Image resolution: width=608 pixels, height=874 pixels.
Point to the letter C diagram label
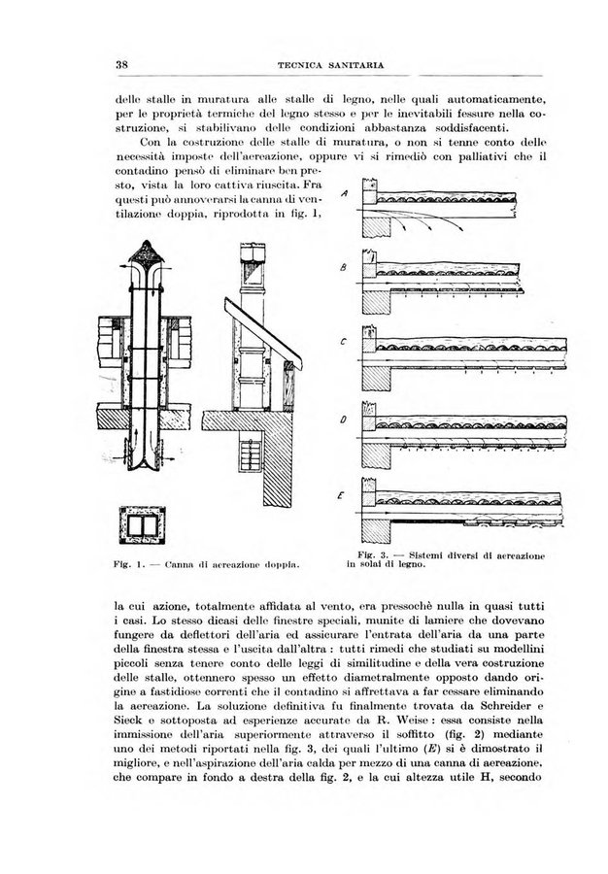[344, 342]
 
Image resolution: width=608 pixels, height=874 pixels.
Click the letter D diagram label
[344, 418]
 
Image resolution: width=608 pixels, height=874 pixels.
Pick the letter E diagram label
[343, 494]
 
